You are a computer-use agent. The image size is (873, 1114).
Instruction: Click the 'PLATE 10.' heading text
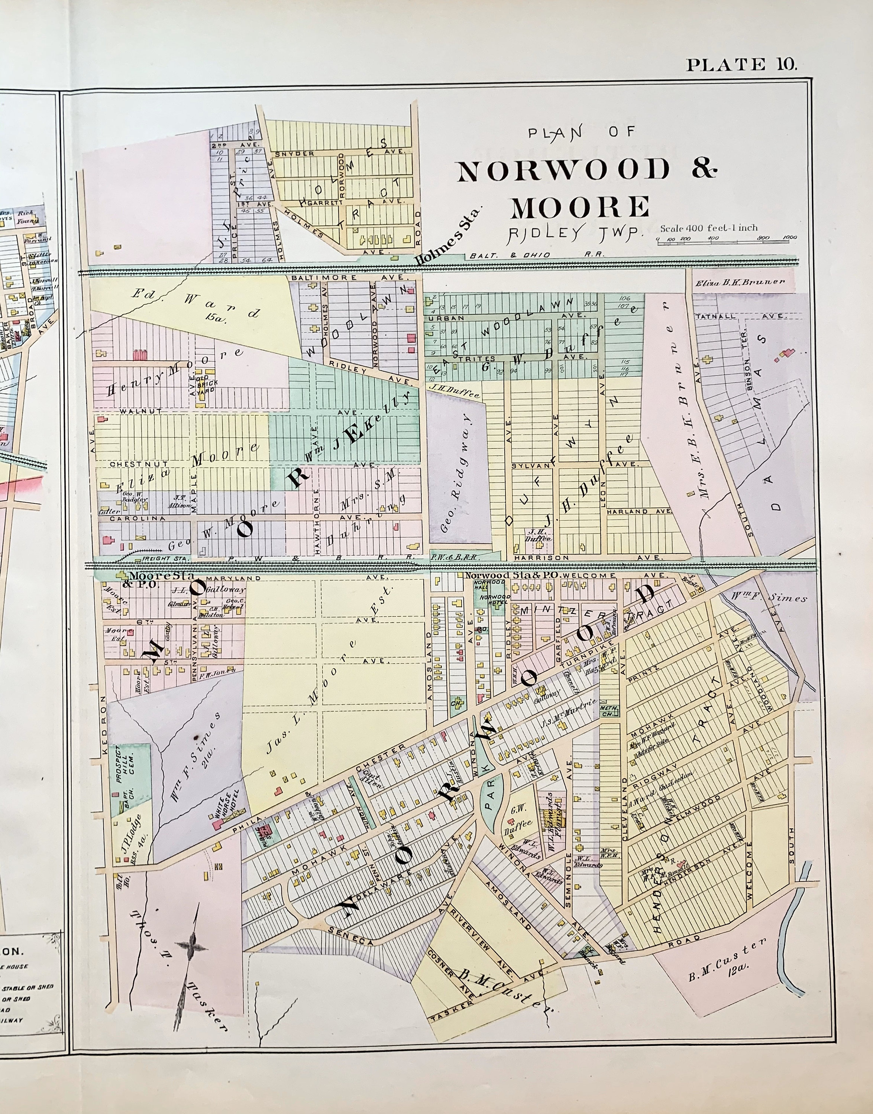tap(741, 65)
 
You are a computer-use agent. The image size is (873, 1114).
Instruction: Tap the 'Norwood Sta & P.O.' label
tap(511, 575)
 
